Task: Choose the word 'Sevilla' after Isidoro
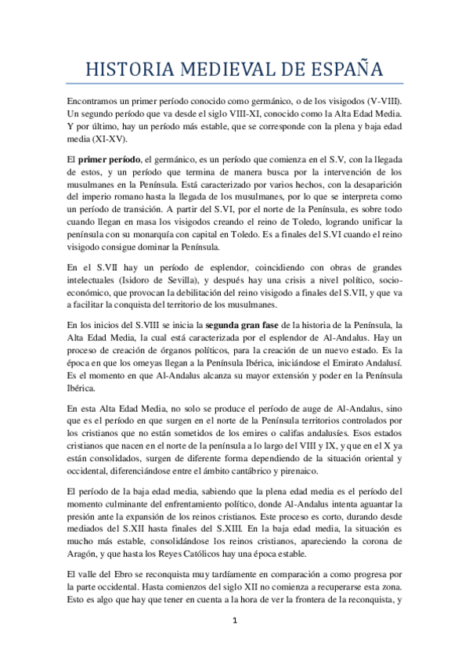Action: pyautogui.click(x=195, y=284)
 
